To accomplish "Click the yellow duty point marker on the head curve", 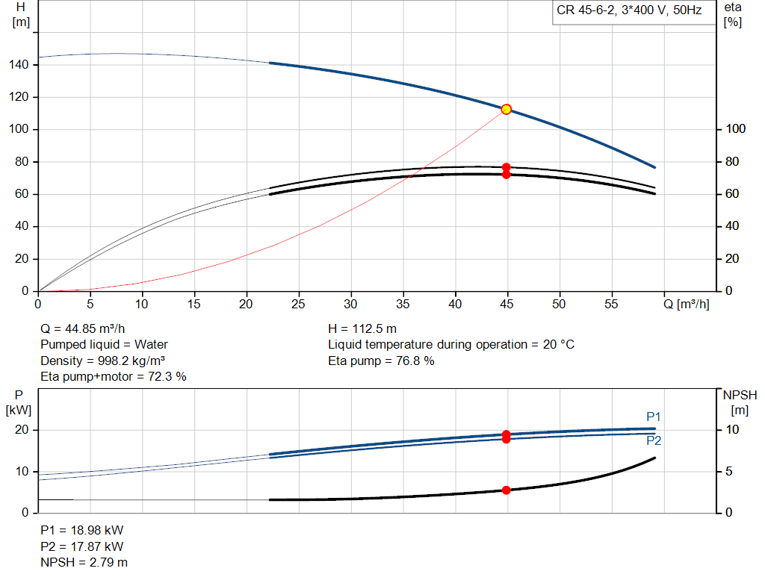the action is click(507, 109).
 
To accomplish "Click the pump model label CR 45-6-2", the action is click(585, 10).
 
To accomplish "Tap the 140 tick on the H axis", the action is click(19, 65).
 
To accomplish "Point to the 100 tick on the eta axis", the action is click(736, 129).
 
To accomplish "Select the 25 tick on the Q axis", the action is click(298, 304).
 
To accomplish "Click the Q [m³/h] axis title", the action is click(687, 304).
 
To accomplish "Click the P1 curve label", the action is click(653, 417).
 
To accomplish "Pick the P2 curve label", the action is click(654, 440).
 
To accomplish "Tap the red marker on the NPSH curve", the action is click(507, 490).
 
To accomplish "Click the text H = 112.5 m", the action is click(362, 329).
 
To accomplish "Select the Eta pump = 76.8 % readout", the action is click(381, 361).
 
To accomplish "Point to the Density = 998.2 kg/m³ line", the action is click(102, 361).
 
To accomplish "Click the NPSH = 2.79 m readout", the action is click(84, 563).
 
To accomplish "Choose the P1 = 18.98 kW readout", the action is click(82, 530).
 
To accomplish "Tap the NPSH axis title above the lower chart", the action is click(740, 396).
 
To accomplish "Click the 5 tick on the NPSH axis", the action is click(729, 472).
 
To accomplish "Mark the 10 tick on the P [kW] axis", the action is click(22, 472).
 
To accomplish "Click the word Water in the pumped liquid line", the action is click(151, 345).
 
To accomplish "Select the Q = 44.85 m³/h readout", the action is click(82, 329).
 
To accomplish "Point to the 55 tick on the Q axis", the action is click(611, 304).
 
